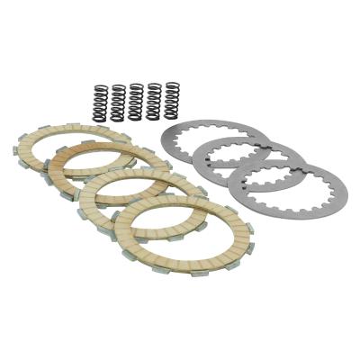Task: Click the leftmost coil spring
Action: coord(99,101)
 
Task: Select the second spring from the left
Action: coord(117,101)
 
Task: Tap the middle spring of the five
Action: coord(135,101)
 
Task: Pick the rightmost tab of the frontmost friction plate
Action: coord(250,225)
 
